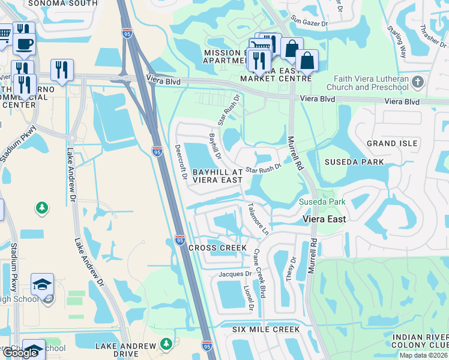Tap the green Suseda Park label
(x=322, y=202)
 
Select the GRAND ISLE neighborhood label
(x=392, y=143)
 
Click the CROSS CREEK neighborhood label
(x=217, y=248)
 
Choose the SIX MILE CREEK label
(x=266, y=329)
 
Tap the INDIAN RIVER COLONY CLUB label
(x=420, y=340)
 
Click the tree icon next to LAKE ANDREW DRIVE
(x=166, y=345)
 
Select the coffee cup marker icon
(x=24, y=44)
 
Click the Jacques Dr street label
(x=234, y=274)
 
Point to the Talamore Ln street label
(x=258, y=218)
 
